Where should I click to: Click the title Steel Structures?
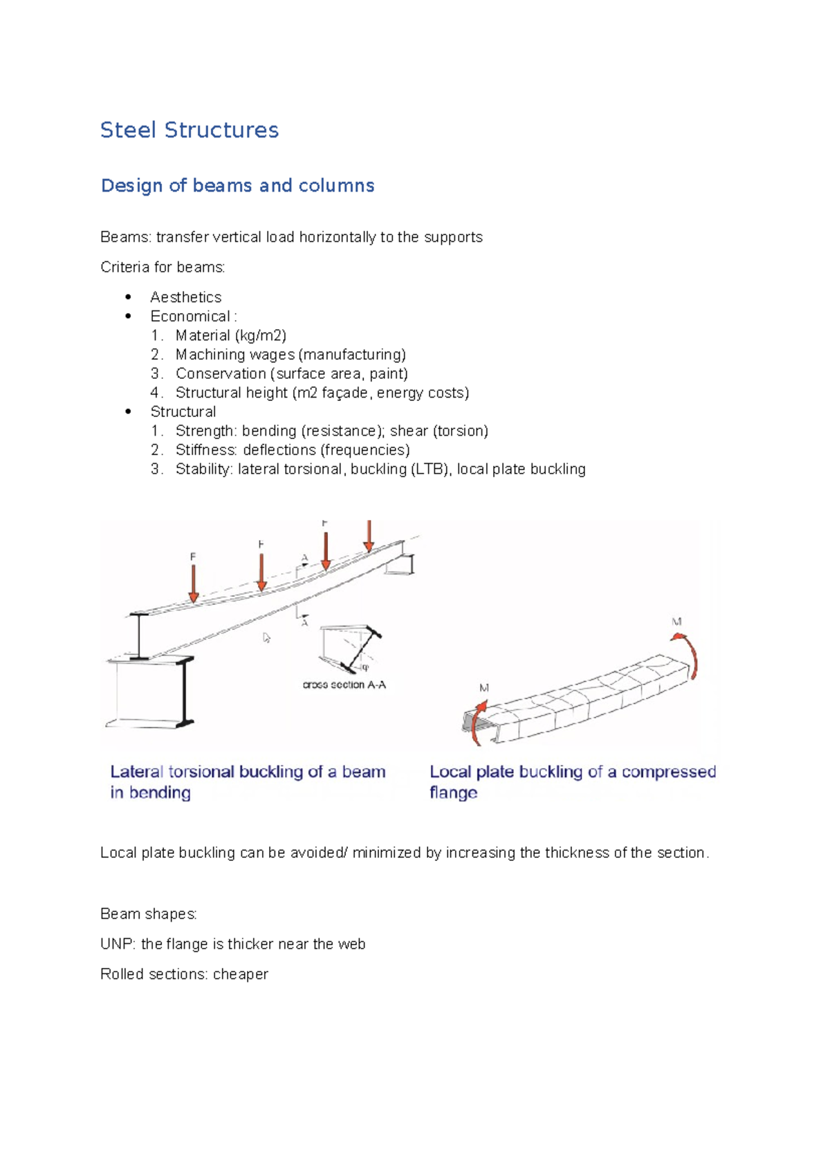pyautogui.click(x=189, y=130)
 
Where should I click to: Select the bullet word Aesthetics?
pyautogui.click(x=185, y=297)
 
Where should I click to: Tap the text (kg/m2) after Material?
pyautogui.click(x=260, y=335)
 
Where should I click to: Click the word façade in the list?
pyautogui.click(x=344, y=393)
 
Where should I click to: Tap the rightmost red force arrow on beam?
pyautogui.click(x=369, y=536)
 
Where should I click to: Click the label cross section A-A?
pyautogui.click(x=344, y=684)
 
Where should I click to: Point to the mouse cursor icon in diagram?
pyautogui.click(x=266, y=637)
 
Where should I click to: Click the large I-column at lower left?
pyautogui.click(x=152, y=691)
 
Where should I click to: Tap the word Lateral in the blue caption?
pyautogui.click(x=137, y=772)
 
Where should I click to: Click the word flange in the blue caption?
pyautogui.click(x=453, y=792)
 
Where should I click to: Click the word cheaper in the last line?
pyautogui.click(x=240, y=974)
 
